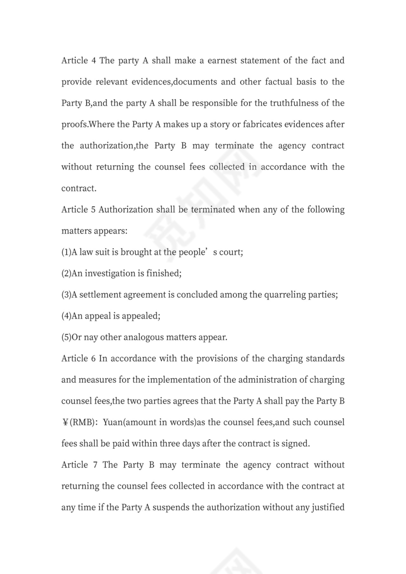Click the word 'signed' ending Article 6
(x=295, y=443)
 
